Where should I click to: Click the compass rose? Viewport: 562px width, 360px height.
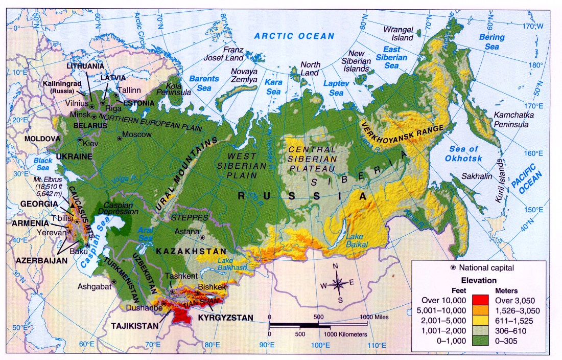[338, 283]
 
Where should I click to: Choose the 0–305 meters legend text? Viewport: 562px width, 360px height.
[519, 341]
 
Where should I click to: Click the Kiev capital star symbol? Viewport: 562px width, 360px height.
[80, 140]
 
